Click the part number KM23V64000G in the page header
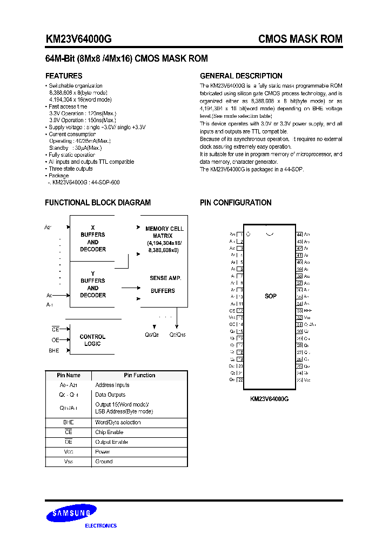coord(79,39)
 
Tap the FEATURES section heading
coord(64,76)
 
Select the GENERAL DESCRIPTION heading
coord(241,76)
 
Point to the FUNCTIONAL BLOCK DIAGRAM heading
coord(98,203)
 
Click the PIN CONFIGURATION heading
coord(236,203)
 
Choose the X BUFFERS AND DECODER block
coord(93,238)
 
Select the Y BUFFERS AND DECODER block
coord(93,284)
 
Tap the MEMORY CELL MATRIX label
coord(164,232)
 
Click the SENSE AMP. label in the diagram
coord(165,278)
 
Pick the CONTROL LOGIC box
coord(92,340)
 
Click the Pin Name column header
coord(69,375)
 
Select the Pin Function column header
coord(139,375)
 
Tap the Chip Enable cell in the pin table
coord(109,432)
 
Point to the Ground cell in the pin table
coord(104,462)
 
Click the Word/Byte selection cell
coord(117,423)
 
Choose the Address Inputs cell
coord(112,385)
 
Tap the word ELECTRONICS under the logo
coord(101,525)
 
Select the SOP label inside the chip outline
coord(271,296)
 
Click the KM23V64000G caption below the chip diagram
coord(270,398)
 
